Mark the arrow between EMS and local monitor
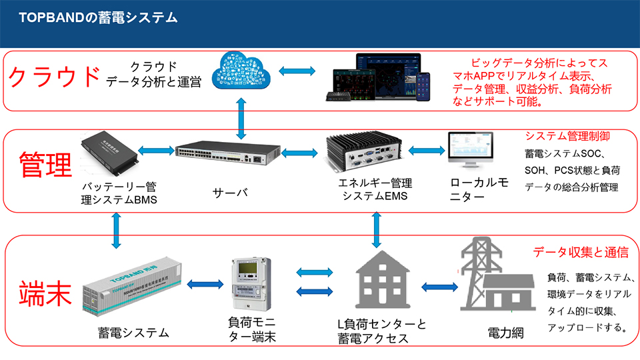tap(425, 151)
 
